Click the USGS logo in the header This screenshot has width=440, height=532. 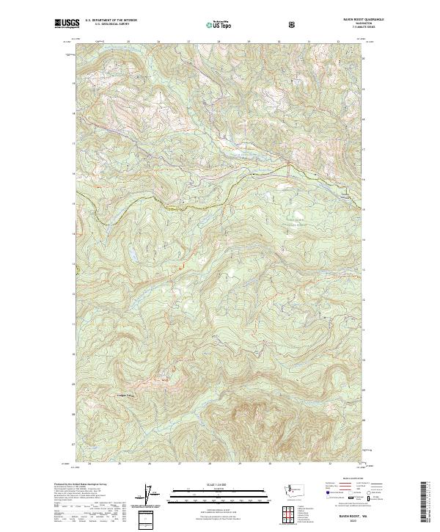pyautogui.click(x=67, y=24)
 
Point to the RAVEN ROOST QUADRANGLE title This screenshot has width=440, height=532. pyautogui.click(x=342, y=21)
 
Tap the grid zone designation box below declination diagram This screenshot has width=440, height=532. pyautogui.click(x=146, y=519)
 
